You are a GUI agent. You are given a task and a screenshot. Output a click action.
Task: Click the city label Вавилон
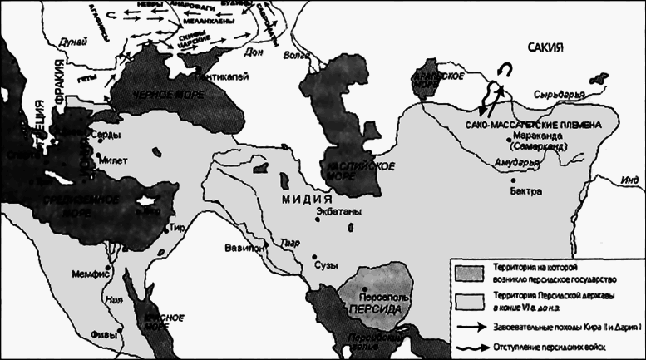[x=242, y=248]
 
